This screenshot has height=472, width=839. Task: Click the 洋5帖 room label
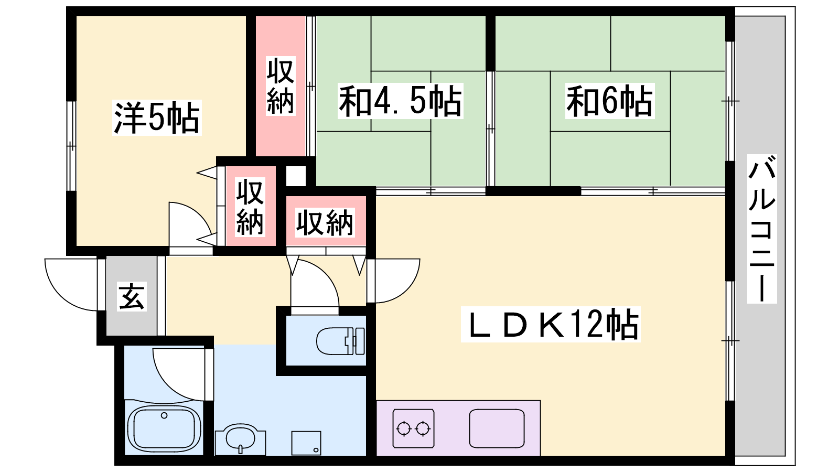pos(157,119)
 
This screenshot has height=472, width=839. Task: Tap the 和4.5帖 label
pos(400,101)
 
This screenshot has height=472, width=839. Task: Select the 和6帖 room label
pos(609,101)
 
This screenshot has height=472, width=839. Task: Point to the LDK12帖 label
pos(551,325)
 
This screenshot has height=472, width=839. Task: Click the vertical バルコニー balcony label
pos(761,229)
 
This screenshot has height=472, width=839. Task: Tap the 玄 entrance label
pos(131,297)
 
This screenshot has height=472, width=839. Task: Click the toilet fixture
pos(340,341)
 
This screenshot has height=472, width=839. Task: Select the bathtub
pos(164,428)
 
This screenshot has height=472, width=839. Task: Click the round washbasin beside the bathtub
pos(239,439)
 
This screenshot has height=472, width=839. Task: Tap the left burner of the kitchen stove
pos(404,429)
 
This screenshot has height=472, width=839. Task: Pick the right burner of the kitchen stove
pos(423,429)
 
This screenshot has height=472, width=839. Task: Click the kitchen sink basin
pos(497,428)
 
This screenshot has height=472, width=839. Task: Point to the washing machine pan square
pos(306,443)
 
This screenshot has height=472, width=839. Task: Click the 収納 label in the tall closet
pos(281,86)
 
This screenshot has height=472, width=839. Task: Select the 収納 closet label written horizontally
pos(325,222)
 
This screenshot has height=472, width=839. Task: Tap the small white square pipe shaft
pos(295,175)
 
